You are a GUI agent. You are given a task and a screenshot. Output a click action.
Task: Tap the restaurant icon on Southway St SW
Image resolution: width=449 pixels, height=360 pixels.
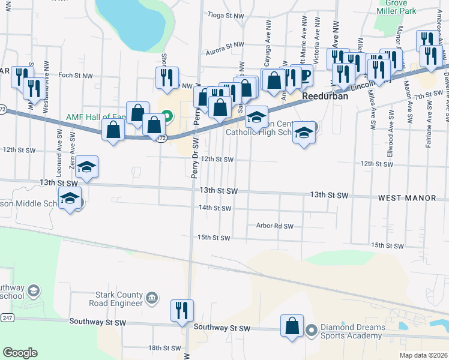180,310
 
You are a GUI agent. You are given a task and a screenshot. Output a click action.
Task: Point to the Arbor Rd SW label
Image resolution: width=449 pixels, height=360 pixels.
274,226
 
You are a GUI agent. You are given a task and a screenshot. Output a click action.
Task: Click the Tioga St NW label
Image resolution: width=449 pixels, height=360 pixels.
226,15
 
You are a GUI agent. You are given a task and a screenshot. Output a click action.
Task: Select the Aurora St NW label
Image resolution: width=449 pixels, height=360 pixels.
225,45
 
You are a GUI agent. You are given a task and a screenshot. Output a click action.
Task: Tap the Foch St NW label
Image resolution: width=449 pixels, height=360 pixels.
76,76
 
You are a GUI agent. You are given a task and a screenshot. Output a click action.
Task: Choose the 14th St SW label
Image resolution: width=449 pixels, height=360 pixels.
215,208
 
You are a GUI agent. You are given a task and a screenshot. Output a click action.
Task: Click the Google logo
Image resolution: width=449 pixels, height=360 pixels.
20,353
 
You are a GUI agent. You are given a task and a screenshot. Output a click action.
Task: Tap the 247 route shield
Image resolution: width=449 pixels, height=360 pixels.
7,317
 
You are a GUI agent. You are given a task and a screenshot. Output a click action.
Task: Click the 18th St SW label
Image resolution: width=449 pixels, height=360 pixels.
164,348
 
